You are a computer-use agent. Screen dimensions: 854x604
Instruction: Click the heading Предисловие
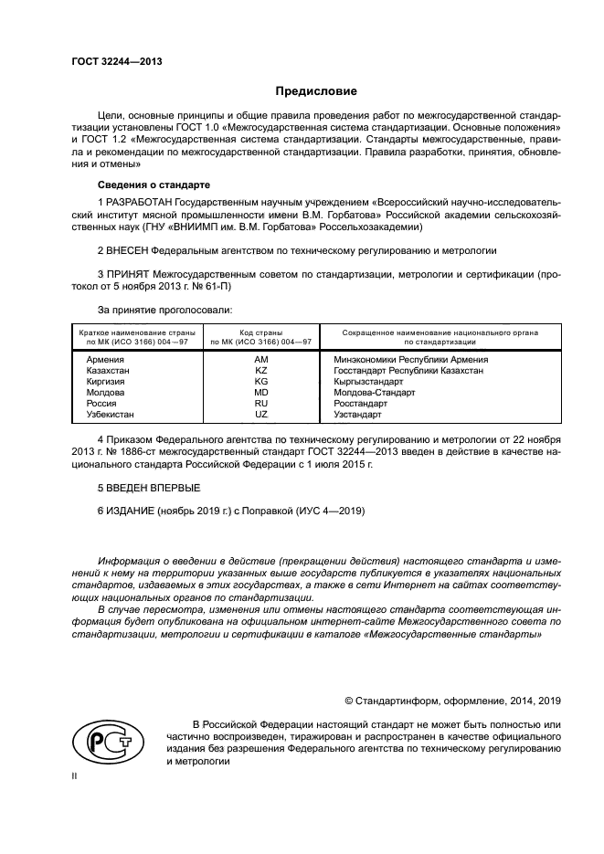point(317,91)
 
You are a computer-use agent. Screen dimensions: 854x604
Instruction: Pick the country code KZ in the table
point(260,371)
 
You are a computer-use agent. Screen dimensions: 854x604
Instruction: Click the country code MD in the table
point(260,392)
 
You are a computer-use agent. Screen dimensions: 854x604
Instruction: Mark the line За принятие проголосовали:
point(158,310)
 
